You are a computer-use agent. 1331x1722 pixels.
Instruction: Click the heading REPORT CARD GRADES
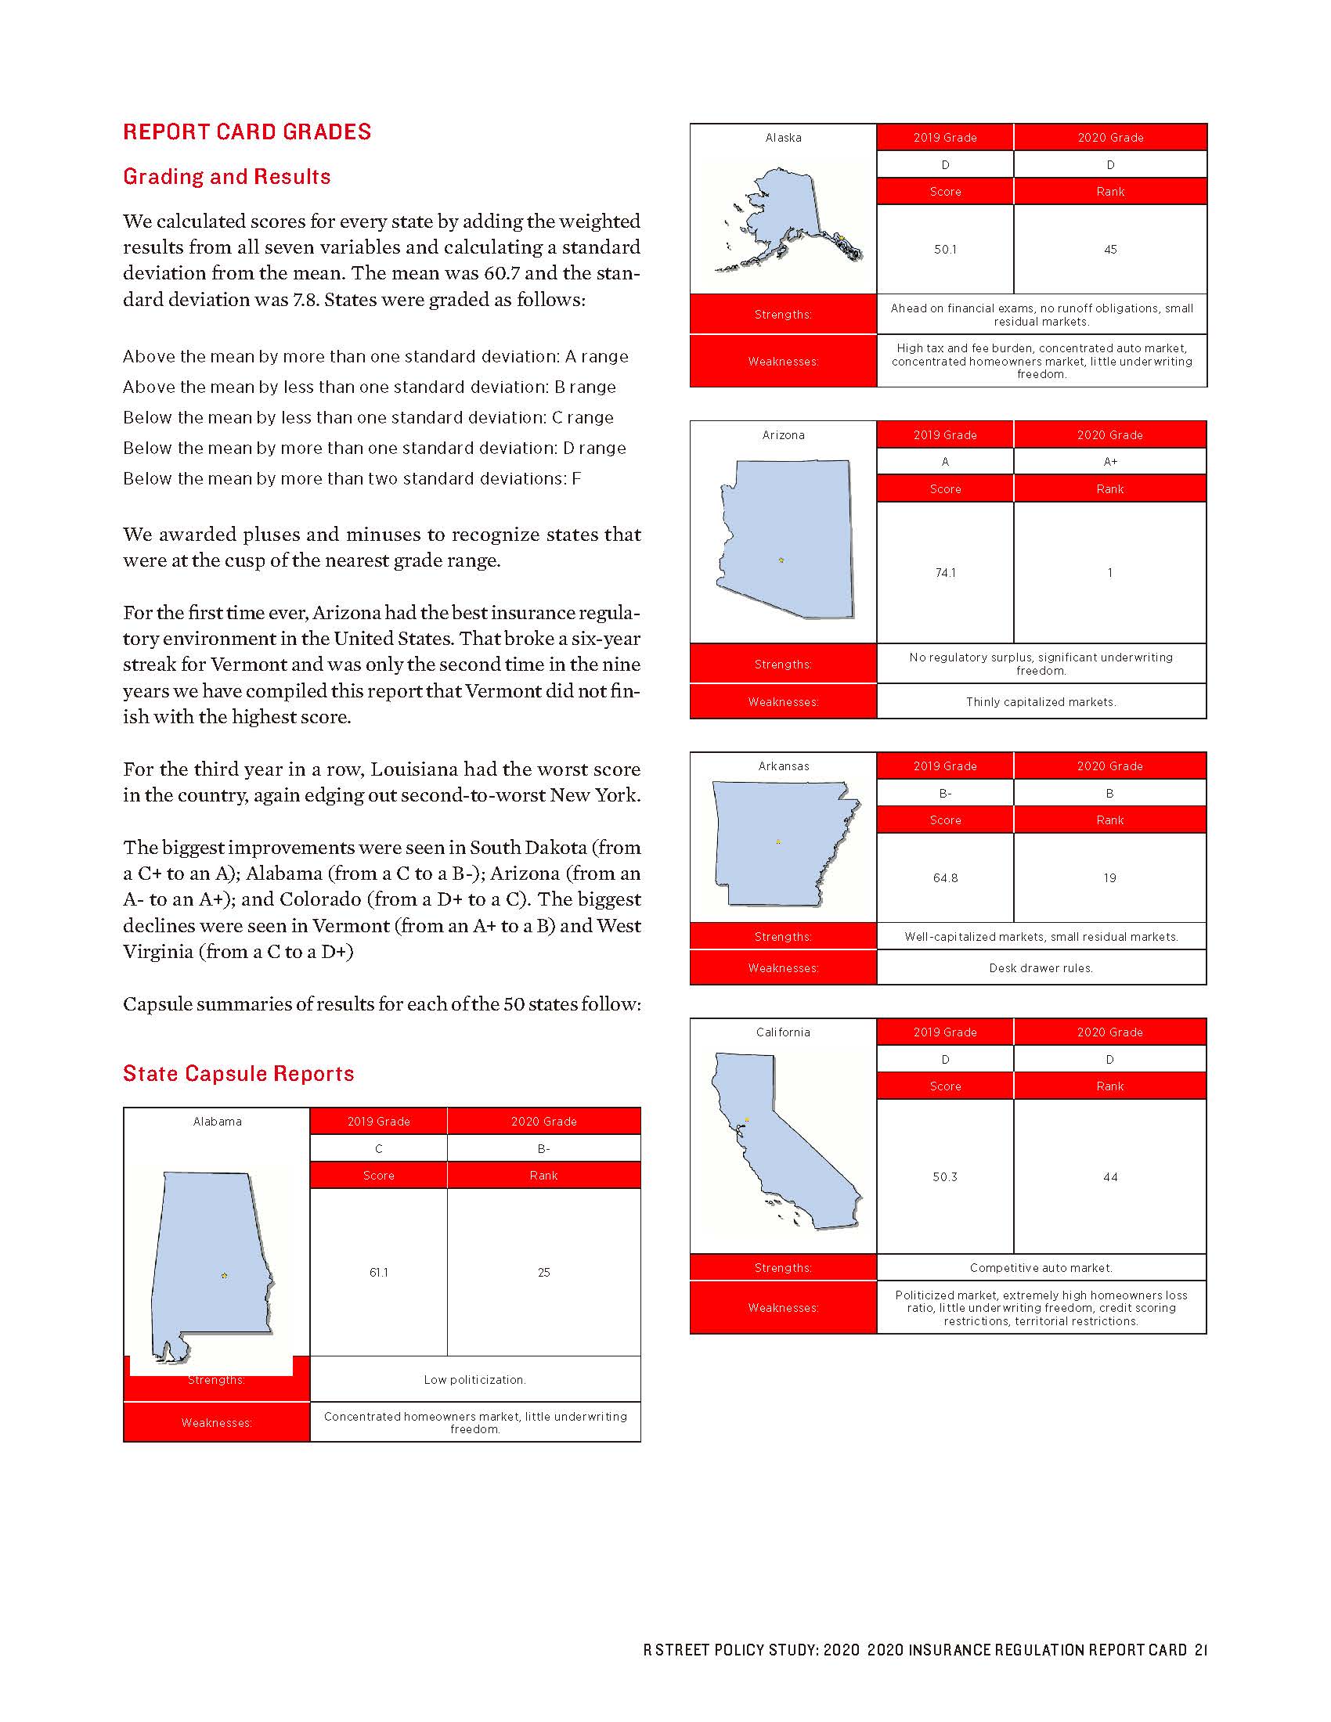(x=247, y=131)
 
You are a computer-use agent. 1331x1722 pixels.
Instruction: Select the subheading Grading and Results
(x=226, y=177)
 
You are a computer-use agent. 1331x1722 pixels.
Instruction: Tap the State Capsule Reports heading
(x=238, y=1073)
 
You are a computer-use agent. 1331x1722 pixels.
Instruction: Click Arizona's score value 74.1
(x=945, y=573)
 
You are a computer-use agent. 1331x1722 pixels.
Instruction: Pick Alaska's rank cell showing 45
(x=1109, y=249)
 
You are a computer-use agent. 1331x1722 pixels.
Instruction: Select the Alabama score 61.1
(x=378, y=1272)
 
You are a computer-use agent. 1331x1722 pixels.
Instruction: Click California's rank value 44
(x=1109, y=1176)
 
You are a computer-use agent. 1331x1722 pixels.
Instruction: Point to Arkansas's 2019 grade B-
(x=945, y=793)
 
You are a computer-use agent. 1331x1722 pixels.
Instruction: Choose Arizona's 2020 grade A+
(x=1109, y=461)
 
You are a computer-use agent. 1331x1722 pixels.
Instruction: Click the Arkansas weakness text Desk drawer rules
(x=1040, y=967)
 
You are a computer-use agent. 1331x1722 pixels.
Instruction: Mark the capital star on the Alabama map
(x=224, y=1275)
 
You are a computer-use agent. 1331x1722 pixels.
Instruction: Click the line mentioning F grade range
(x=352, y=478)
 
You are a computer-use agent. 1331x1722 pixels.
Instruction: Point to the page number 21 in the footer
(x=1200, y=1649)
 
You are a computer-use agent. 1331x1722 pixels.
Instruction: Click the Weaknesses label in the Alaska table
(x=783, y=361)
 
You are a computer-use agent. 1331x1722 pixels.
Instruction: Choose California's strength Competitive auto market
(x=1040, y=1267)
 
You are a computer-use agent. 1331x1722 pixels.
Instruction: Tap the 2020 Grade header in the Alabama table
(x=543, y=1121)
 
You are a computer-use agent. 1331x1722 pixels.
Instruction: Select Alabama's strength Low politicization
(x=474, y=1379)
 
